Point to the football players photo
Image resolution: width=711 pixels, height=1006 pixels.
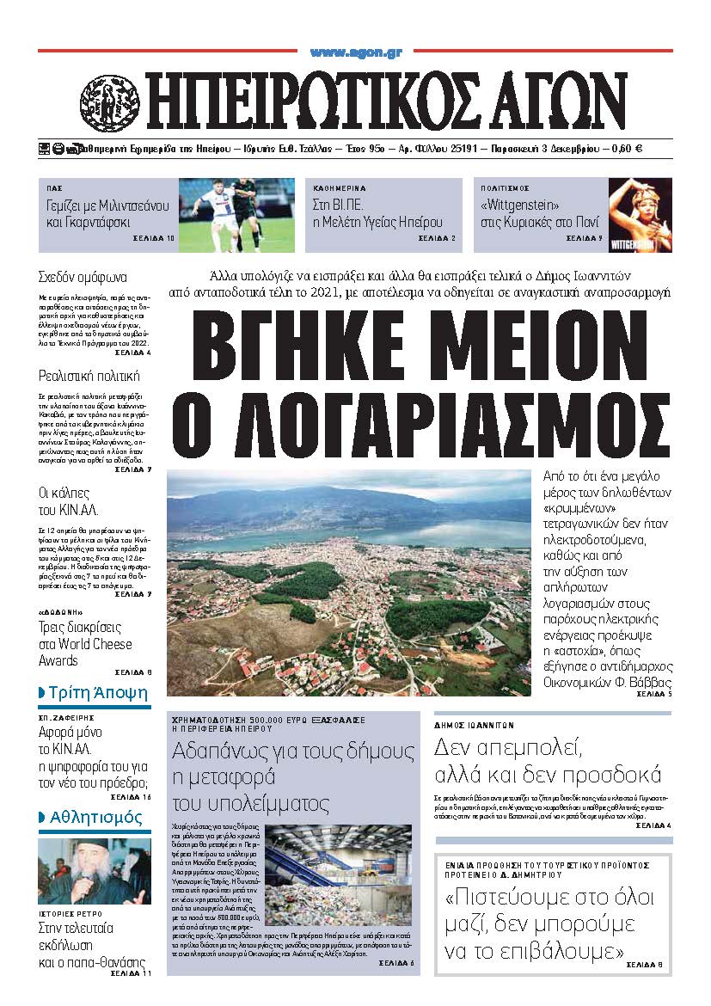236,215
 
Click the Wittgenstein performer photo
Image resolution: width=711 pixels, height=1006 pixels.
641,215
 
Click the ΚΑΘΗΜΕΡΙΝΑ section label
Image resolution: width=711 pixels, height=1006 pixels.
340,187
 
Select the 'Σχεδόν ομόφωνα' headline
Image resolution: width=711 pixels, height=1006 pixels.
83,278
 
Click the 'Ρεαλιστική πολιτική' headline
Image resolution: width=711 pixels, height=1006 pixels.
89,376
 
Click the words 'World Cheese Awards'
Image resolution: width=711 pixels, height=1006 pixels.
85,652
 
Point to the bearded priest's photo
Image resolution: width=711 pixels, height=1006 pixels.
82,871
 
